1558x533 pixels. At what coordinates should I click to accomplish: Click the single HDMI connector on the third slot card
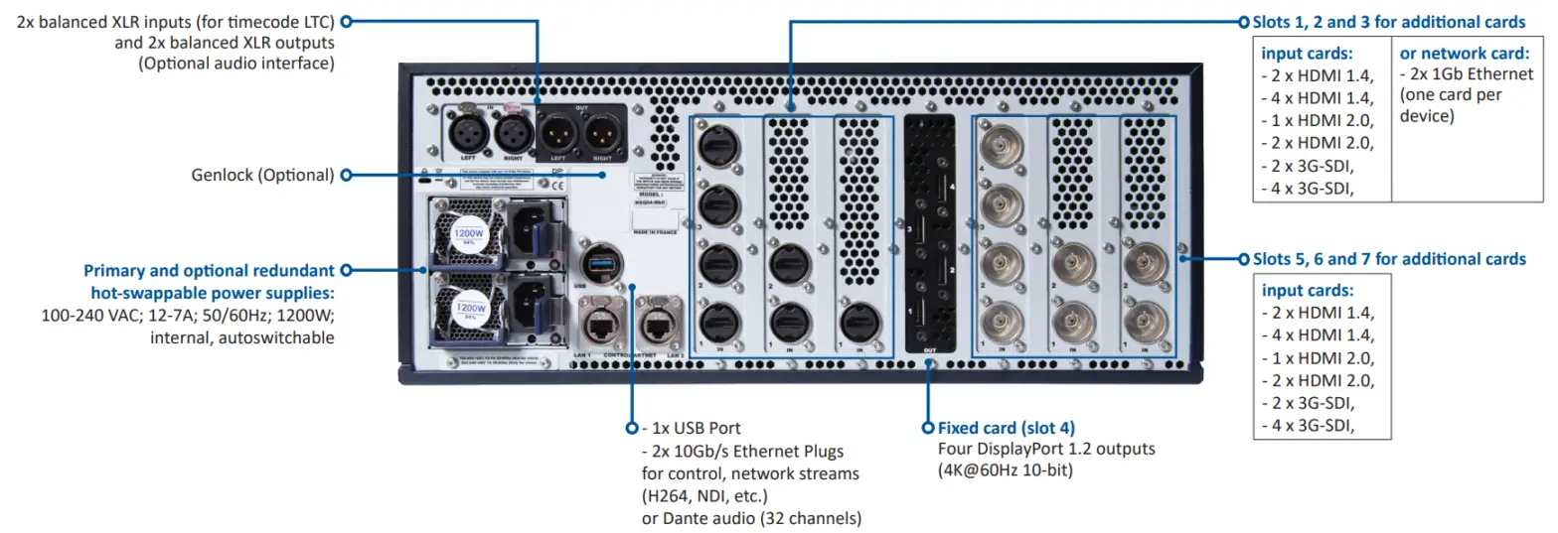tap(857, 323)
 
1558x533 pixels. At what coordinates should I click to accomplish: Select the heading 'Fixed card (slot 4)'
tap(1007, 428)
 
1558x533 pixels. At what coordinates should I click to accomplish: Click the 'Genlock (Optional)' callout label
tap(262, 175)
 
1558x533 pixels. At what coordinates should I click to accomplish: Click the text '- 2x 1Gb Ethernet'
tap(1467, 74)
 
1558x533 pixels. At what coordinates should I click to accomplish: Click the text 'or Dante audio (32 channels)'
tap(751, 518)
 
